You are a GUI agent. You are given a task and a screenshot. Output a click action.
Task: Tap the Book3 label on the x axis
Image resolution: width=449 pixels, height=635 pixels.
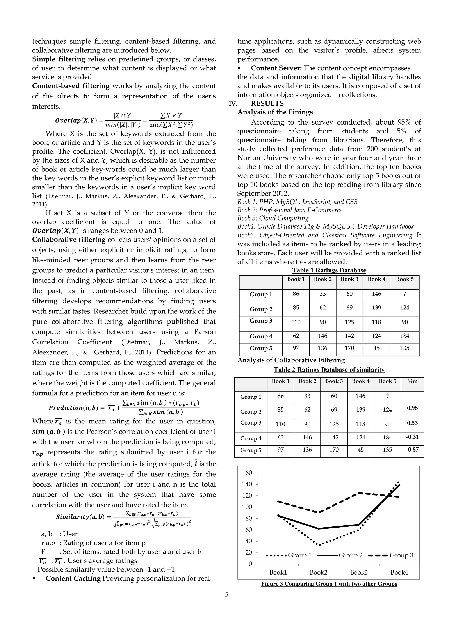click(359, 572)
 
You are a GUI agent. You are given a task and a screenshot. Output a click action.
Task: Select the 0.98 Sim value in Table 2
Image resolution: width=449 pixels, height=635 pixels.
click(412, 408)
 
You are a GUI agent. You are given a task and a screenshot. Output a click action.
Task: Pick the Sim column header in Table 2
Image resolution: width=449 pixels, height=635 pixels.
click(412, 381)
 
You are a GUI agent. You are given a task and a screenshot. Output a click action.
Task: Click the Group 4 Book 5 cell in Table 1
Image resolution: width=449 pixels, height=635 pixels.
click(404, 336)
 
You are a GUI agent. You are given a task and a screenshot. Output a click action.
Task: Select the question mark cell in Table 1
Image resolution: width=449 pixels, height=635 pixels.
click(404, 294)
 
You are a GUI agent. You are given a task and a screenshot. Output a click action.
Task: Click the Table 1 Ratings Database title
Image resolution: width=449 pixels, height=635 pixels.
click(329, 270)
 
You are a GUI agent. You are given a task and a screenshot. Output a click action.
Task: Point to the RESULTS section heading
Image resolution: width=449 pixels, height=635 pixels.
click(267, 103)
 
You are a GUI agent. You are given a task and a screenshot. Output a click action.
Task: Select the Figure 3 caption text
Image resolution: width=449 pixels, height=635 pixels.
click(329, 584)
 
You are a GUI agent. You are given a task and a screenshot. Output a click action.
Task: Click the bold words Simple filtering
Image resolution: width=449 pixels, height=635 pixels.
click(59, 59)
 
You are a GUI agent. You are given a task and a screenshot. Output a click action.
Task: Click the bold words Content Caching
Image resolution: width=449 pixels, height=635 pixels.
click(73, 578)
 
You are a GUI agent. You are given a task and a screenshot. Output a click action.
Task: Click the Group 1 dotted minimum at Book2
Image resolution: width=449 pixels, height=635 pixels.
click(319, 545)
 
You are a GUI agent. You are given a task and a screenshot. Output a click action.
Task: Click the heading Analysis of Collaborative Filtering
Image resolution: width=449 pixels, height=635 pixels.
click(291, 360)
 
